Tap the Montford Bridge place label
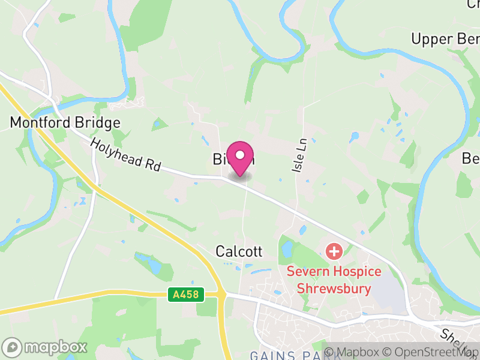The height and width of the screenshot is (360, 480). [x=65, y=123]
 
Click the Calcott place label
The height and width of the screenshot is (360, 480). [x=239, y=251]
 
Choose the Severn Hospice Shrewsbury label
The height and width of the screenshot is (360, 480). [x=334, y=280]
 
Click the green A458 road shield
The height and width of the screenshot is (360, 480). [x=186, y=295]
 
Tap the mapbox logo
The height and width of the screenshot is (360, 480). [x=45, y=347]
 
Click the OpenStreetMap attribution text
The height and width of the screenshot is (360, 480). [x=433, y=352]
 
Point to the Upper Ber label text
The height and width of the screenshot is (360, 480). [x=445, y=40]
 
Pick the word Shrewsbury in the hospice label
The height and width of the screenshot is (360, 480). [x=334, y=288]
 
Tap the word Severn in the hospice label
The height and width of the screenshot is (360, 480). [x=305, y=272]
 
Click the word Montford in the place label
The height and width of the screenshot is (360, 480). [x=39, y=123]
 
